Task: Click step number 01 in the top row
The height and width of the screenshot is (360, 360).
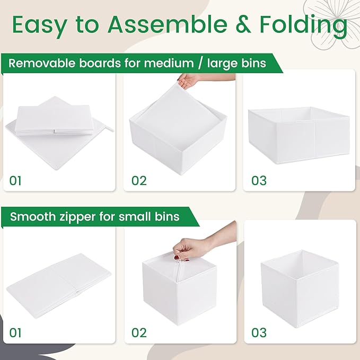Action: [16, 181]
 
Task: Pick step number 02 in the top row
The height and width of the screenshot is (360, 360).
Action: [138, 181]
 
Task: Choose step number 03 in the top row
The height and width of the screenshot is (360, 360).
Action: [259, 181]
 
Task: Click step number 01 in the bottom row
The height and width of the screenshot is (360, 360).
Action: [16, 333]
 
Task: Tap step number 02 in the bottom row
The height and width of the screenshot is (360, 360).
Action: [138, 333]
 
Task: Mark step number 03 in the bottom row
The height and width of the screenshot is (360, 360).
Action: [259, 333]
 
